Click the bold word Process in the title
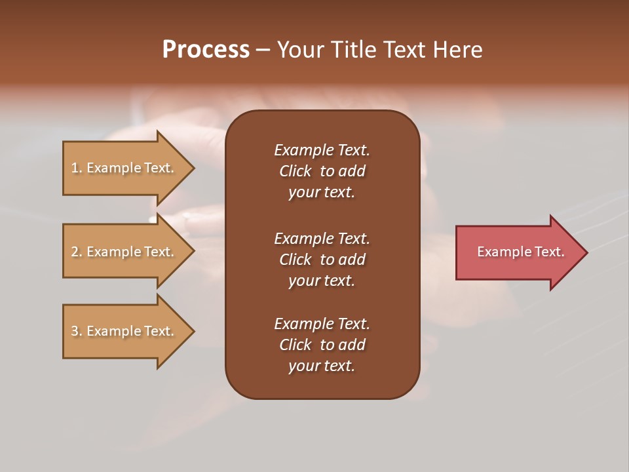(x=206, y=50)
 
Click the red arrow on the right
(x=518, y=252)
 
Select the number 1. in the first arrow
(x=77, y=168)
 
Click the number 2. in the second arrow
(x=77, y=252)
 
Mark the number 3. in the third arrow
(x=77, y=331)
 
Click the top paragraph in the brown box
(x=322, y=171)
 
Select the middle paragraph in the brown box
(x=322, y=260)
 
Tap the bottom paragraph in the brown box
(x=322, y=345)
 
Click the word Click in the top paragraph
(x=295, y=171)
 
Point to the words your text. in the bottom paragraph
(x=322, y=366)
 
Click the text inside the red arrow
(x=520, y=252)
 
